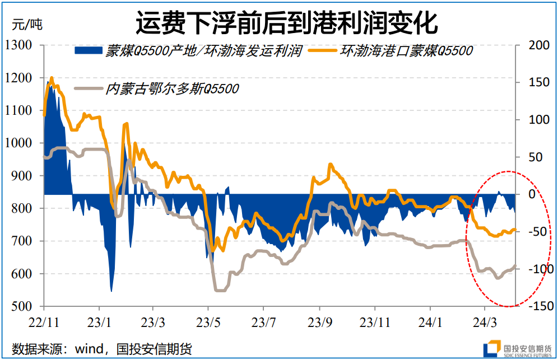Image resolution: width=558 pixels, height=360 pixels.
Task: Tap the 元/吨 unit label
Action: point(26,24)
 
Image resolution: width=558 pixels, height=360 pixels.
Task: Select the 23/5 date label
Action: point(208,323)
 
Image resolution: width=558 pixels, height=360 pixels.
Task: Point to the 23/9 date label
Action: point(319,323)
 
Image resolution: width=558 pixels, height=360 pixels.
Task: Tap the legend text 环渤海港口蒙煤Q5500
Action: point(407,51)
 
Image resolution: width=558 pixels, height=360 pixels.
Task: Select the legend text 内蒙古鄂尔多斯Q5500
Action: point(172,88)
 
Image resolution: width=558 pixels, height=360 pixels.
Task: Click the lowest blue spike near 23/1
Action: point(111,291)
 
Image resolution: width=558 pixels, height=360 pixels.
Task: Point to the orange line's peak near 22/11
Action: point(52,79)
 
